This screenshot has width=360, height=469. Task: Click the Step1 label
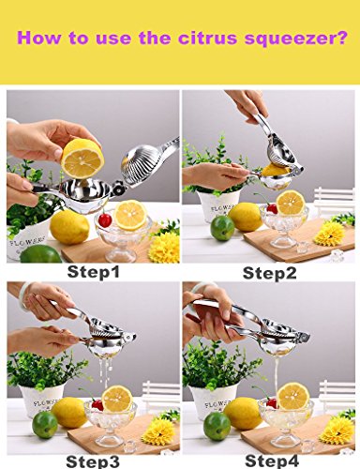click(94, 272)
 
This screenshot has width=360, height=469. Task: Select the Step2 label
click(269, 273)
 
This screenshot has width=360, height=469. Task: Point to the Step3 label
click(93, 461)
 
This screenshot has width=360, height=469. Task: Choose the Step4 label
click(272, 461)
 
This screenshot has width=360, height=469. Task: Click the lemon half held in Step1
click(82, 159)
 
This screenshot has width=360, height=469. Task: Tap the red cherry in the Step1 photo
click(105, 219)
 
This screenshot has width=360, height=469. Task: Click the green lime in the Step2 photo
click(222, 228)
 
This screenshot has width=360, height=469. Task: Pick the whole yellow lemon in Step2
click(246, 217)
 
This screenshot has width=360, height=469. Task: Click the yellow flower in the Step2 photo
click(329, 234)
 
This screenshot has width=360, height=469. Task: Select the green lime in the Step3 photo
click(45, 425)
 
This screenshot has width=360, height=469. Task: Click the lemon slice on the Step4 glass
click(293, 397)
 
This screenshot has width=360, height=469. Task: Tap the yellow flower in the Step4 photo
click(337, 431)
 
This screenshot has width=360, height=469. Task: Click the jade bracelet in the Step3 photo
click(25, 290)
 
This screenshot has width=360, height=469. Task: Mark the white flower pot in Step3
click(41, 401)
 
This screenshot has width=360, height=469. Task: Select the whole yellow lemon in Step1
click(69, 227)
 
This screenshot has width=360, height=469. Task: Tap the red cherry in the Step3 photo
click(97, 405)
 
